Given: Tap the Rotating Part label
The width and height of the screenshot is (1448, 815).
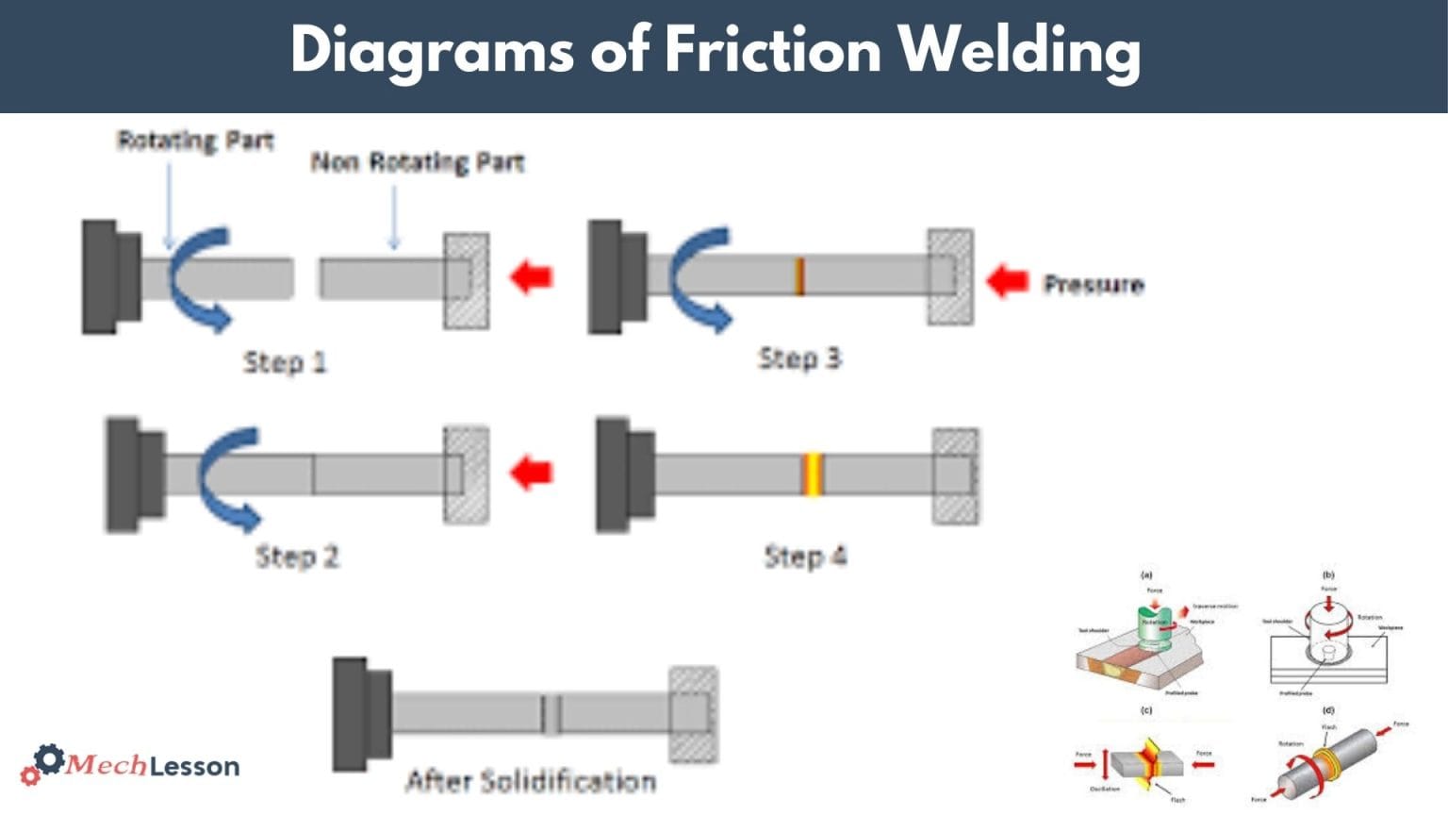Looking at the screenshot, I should pos(195,141).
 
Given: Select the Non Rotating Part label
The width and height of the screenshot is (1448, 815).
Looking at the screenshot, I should pos(417,162).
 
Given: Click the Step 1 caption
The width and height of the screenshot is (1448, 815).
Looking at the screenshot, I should pos(284,362).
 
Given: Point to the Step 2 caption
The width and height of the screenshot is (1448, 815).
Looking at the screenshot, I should pos(297,557).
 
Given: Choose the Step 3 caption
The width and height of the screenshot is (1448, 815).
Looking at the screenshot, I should pos(799,358).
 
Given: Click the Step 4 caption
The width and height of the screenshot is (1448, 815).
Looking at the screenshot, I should pos(804,557).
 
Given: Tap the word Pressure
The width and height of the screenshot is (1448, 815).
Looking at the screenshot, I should pos(1093,284).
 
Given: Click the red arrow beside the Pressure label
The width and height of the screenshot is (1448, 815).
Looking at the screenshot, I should pos(1007,280).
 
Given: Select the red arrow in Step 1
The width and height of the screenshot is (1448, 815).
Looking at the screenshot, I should pos(531,277).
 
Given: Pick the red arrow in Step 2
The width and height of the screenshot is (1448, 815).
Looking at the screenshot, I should pos(531,472).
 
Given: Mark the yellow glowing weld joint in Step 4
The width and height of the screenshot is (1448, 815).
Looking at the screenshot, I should pos(813,474).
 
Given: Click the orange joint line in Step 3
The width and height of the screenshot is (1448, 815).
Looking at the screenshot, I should pos(799,276).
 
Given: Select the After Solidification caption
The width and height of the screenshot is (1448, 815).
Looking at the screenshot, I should pos(530,781).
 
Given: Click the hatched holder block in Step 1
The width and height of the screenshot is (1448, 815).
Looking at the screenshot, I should pos(467,280).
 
